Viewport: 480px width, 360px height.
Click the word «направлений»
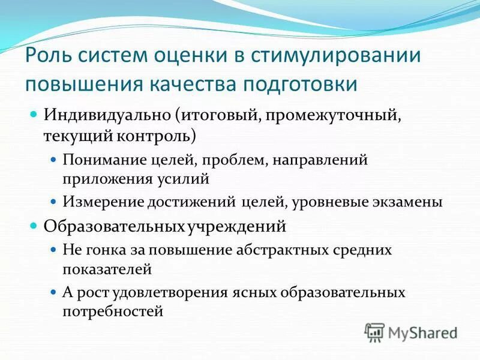pyautogui.click(x=326, y=161)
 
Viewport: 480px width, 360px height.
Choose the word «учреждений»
pyautogui.click(x=235, y=227)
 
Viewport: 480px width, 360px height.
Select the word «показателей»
pyautogui.click(x=107, y=269)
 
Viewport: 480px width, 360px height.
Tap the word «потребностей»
pyautogui.click(x=113, y=311)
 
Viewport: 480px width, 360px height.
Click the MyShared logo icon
pyautogui.click(x=375, y=331)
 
